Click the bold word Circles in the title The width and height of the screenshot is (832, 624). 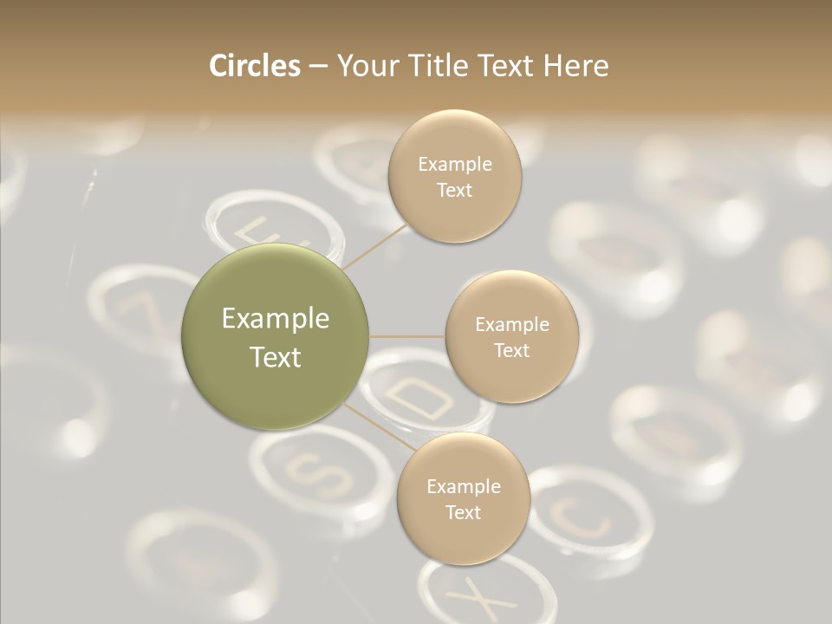(x=254, y=66)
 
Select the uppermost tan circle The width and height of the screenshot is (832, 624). (x=455, y=176)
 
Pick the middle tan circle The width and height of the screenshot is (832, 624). (x=511, y=337)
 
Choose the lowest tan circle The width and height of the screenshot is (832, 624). (x=463, y=499)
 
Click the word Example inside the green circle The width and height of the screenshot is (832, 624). (x=276, y=318)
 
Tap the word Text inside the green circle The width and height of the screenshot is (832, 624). (x=276, y=356)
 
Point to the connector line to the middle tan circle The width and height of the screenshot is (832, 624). (x=407, y=336)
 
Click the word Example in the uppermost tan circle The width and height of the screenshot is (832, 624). (x=455, y=164)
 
